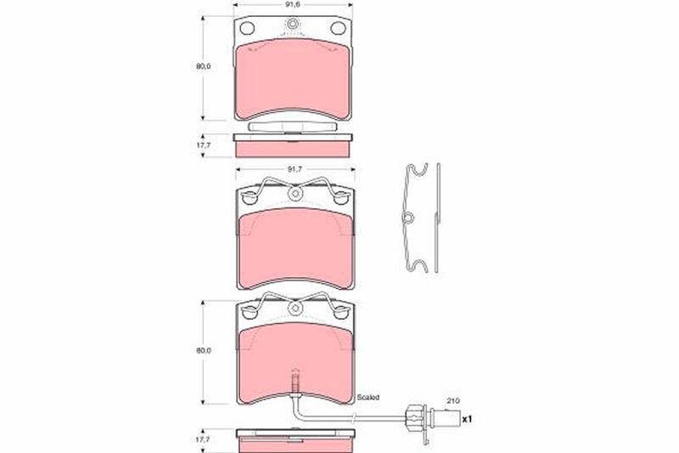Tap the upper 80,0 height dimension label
pos(203,66)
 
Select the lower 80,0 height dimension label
pos(203,350)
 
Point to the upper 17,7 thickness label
pos(204,145)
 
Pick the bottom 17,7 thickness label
pos(203,439)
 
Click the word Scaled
pos(368,397)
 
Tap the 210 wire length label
pos(453,401)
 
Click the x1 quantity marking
pos(467,419)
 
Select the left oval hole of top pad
pos(247,29)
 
